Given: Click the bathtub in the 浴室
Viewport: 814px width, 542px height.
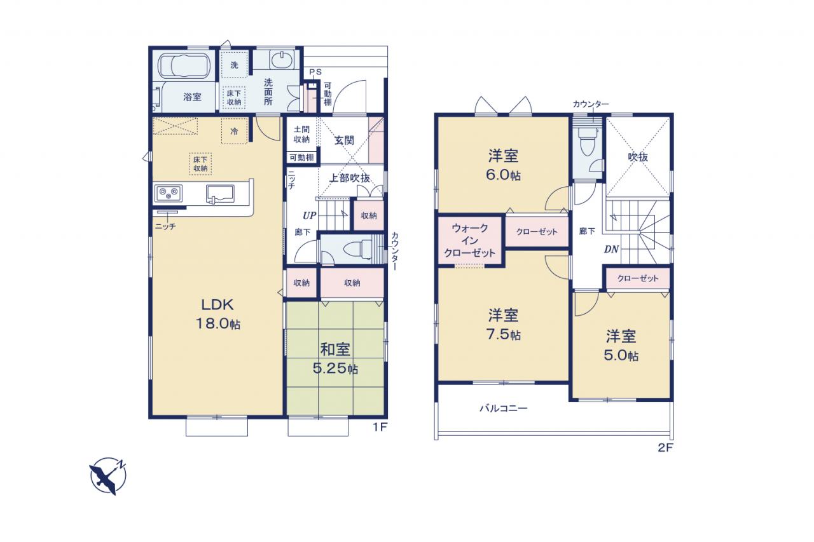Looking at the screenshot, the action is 184,65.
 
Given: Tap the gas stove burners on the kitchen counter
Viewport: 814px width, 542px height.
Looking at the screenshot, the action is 169,193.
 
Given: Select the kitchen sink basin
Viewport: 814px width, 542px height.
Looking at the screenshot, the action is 220,194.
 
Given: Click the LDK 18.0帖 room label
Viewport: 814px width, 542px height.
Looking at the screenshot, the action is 217,314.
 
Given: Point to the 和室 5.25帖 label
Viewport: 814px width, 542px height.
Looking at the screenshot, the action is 335,359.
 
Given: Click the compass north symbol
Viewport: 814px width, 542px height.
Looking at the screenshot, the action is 108,475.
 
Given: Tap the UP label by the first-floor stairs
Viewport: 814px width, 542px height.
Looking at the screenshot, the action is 310,215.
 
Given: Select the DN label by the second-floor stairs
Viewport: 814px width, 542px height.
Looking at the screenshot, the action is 612,249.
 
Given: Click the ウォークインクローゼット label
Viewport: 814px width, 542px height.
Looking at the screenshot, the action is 469,240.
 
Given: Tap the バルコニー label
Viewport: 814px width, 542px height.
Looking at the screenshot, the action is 503,409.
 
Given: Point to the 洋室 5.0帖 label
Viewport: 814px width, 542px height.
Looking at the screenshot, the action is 621,346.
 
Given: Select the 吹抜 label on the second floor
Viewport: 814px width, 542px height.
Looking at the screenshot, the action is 638,157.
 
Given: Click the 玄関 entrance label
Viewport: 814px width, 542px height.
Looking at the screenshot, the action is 344,140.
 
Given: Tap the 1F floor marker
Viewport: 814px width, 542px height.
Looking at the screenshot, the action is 380,427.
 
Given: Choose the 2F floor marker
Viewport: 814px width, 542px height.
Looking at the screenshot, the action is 665,447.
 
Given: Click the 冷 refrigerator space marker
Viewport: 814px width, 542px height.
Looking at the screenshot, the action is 235,131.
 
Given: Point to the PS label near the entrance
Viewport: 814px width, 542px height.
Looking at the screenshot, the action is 315,72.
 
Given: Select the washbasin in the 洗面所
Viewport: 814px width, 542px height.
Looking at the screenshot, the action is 282,60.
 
